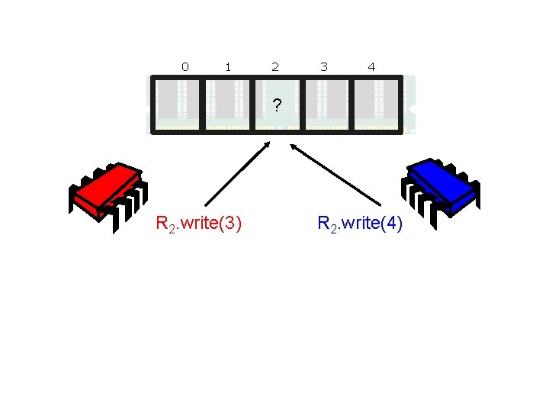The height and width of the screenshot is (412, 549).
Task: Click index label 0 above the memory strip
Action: click(x=185, y=67)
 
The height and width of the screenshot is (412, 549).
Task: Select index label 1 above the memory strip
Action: click(x=228, y=67)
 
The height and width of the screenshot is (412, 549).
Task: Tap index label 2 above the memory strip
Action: click(x=275, y=67)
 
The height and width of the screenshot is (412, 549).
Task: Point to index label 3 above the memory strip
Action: click(x=324, y=67)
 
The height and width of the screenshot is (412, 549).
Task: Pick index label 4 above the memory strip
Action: click(x=371, y=67)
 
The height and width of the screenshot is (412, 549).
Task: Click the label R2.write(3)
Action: click(x=199, y=224)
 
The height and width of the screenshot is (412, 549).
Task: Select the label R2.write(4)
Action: click(x=359, y=224)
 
